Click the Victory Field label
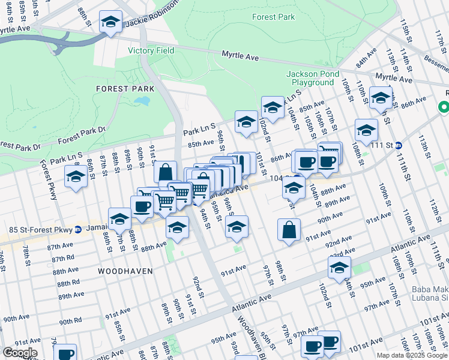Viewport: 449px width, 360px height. (x=151, y=50)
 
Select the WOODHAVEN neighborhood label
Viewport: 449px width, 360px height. (x=125, y=271)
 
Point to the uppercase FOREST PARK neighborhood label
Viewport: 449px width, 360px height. (x=125, y=88)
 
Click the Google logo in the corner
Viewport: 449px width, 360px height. (x=20, y=353)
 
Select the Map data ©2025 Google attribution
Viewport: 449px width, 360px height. (x=412, y=355)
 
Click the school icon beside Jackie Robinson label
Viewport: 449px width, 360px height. (x=110, y=23)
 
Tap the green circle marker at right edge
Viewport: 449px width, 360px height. (x=444, y=108)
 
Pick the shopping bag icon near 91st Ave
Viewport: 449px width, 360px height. (x=289, y=230)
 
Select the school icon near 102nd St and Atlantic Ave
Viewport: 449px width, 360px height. (x=339, y=268)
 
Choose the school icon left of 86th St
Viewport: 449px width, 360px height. (x=76, y=178)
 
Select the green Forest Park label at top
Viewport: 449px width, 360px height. (x=273, y=17)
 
